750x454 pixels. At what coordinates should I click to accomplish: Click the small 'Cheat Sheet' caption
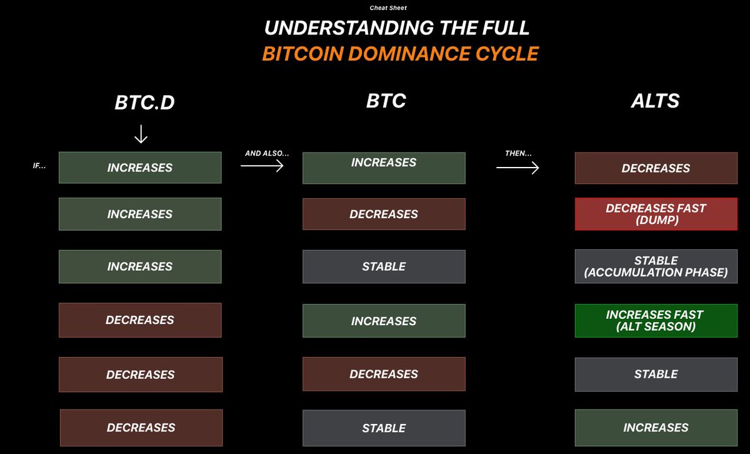coord(388,8)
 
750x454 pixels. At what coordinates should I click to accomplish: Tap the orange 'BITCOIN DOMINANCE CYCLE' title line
coord(400,54)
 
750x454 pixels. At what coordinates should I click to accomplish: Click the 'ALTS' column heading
coord(655,101)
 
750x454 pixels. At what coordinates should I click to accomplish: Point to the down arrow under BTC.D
coord(141,134)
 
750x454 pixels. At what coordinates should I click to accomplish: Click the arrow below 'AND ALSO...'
coord(262,166)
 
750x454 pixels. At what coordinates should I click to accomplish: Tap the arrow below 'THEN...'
coord(517,168)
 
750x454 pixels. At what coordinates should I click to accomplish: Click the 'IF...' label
coord(40,167)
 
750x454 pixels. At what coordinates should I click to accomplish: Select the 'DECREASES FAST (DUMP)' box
coord(656,214)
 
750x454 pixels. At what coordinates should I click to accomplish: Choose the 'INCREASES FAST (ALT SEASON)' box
coord(656,320)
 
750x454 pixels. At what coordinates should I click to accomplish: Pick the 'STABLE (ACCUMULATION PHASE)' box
coord(656,266)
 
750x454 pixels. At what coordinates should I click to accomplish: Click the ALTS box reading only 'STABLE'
coord(656,374)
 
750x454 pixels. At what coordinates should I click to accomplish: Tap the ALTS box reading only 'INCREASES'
coord(656,428)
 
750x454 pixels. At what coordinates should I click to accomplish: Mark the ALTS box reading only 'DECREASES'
coord(656,168)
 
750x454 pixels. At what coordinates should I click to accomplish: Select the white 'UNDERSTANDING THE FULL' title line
coord(397,28)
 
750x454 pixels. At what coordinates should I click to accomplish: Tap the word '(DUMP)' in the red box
coord(656,220)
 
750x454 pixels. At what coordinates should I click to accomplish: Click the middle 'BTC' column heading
coord(386,101)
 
